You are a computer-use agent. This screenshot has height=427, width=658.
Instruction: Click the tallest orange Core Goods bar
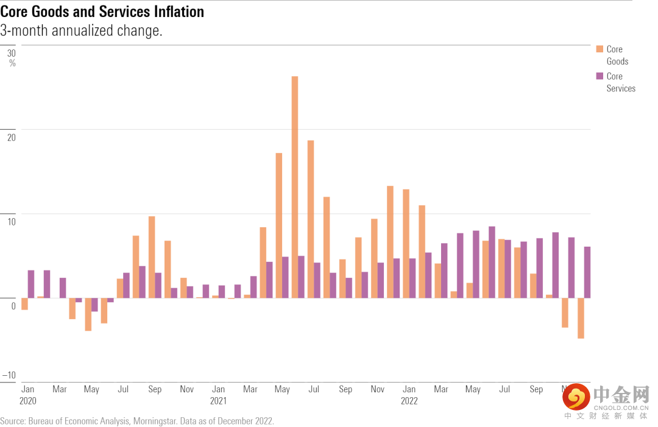tap(295, 187)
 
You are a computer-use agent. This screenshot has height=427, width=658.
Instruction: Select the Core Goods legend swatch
tap(600, 49)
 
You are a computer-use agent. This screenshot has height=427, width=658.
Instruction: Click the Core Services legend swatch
tap(600, 76)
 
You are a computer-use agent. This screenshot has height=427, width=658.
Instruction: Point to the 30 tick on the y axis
tap(12, 53)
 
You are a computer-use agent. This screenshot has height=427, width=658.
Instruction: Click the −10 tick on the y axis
tap(9, 375)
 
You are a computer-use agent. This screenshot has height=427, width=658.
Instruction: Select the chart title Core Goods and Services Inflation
tap(102, 12)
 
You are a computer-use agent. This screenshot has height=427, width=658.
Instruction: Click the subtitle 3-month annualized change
tap(81, 30)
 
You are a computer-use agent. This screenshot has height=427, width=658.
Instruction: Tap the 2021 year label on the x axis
tap(218, 401)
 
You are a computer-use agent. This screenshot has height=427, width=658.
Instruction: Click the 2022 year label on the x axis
tap(409, 401)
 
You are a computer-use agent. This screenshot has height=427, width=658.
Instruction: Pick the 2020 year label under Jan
tap(28, 401)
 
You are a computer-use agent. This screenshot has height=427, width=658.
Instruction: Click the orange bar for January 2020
tap(24, 304)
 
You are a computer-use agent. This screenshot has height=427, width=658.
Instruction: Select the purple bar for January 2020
tap(31, 284)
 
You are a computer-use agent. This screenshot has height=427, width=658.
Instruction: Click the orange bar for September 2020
tap(152, 257)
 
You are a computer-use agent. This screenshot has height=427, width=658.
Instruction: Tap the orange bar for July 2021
tap(311, 219)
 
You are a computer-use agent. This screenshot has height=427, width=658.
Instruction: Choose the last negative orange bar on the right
tap(581, 318)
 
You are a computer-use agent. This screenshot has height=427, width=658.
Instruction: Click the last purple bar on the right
tap(587, 272)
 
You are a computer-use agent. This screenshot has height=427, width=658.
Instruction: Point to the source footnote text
tap(137, 421)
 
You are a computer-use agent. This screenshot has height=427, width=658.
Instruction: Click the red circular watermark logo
tap(575, 398)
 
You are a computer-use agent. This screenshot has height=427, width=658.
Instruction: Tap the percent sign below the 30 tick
tap(12, 63)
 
